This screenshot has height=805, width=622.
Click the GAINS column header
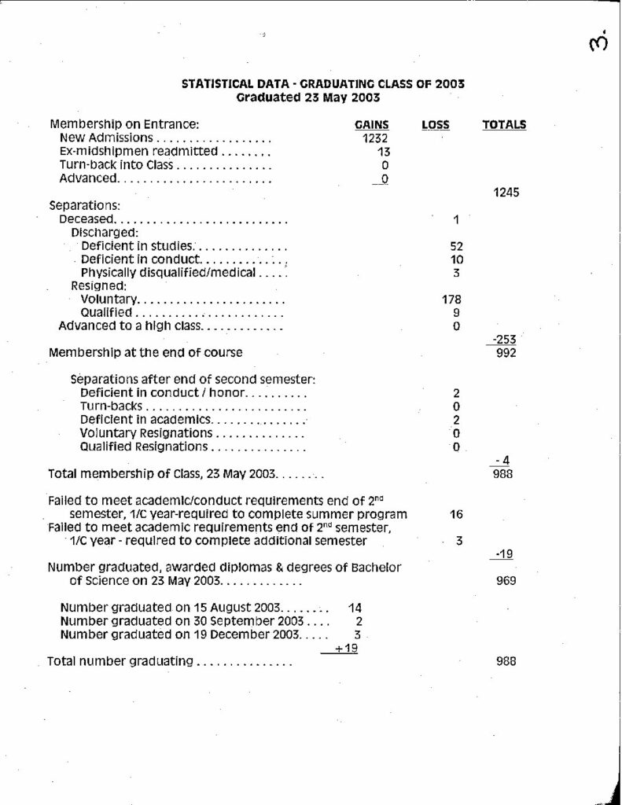pyautogui.click(x=373, y=124)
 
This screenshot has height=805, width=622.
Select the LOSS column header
pyautogui.click(x=436, y=124)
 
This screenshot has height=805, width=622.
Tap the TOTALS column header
pyautogui.click(x=504, y=124)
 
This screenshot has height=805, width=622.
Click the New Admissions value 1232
pyautogui.click(x=376, y=138)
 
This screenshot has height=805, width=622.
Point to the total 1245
pyautogui.click(x=504, y=192)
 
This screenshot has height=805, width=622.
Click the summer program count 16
pyautogui.click(x=456, y=514)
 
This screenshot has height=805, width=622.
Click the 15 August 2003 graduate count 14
pyautogui.click(x=353, y=608)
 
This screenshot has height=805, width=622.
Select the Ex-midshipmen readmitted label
pyautogui.click(x=138, y=151)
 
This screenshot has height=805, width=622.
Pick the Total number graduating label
pyautogui.click(x=120, y=661)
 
